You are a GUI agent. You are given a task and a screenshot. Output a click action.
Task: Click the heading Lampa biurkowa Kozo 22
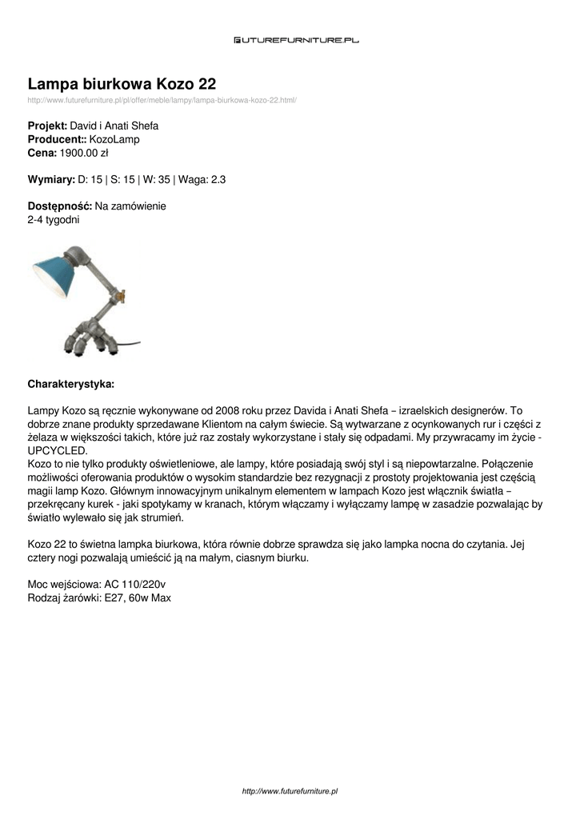click(122, 84)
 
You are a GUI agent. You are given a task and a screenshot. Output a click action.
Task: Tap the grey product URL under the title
click(162, 100)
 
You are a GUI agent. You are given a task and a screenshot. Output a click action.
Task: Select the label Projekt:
click(48, 126)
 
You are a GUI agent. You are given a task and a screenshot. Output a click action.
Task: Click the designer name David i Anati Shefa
click(114, 126)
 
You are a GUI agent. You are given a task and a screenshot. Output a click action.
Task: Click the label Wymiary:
click(51, 180)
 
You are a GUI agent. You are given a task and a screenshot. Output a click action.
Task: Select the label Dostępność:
click(60, 206)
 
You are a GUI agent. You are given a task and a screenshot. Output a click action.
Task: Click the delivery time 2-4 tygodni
click(54, 219)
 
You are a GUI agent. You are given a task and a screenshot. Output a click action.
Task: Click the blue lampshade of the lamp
click(54, 276)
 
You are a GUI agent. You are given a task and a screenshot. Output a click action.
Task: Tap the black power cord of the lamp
click(132, 345)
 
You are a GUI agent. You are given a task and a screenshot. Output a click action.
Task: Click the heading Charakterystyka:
click(71, 383)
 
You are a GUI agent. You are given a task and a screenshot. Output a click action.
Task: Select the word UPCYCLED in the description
click(58, 451)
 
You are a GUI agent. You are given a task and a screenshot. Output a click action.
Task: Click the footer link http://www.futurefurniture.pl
click(290, 790)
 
